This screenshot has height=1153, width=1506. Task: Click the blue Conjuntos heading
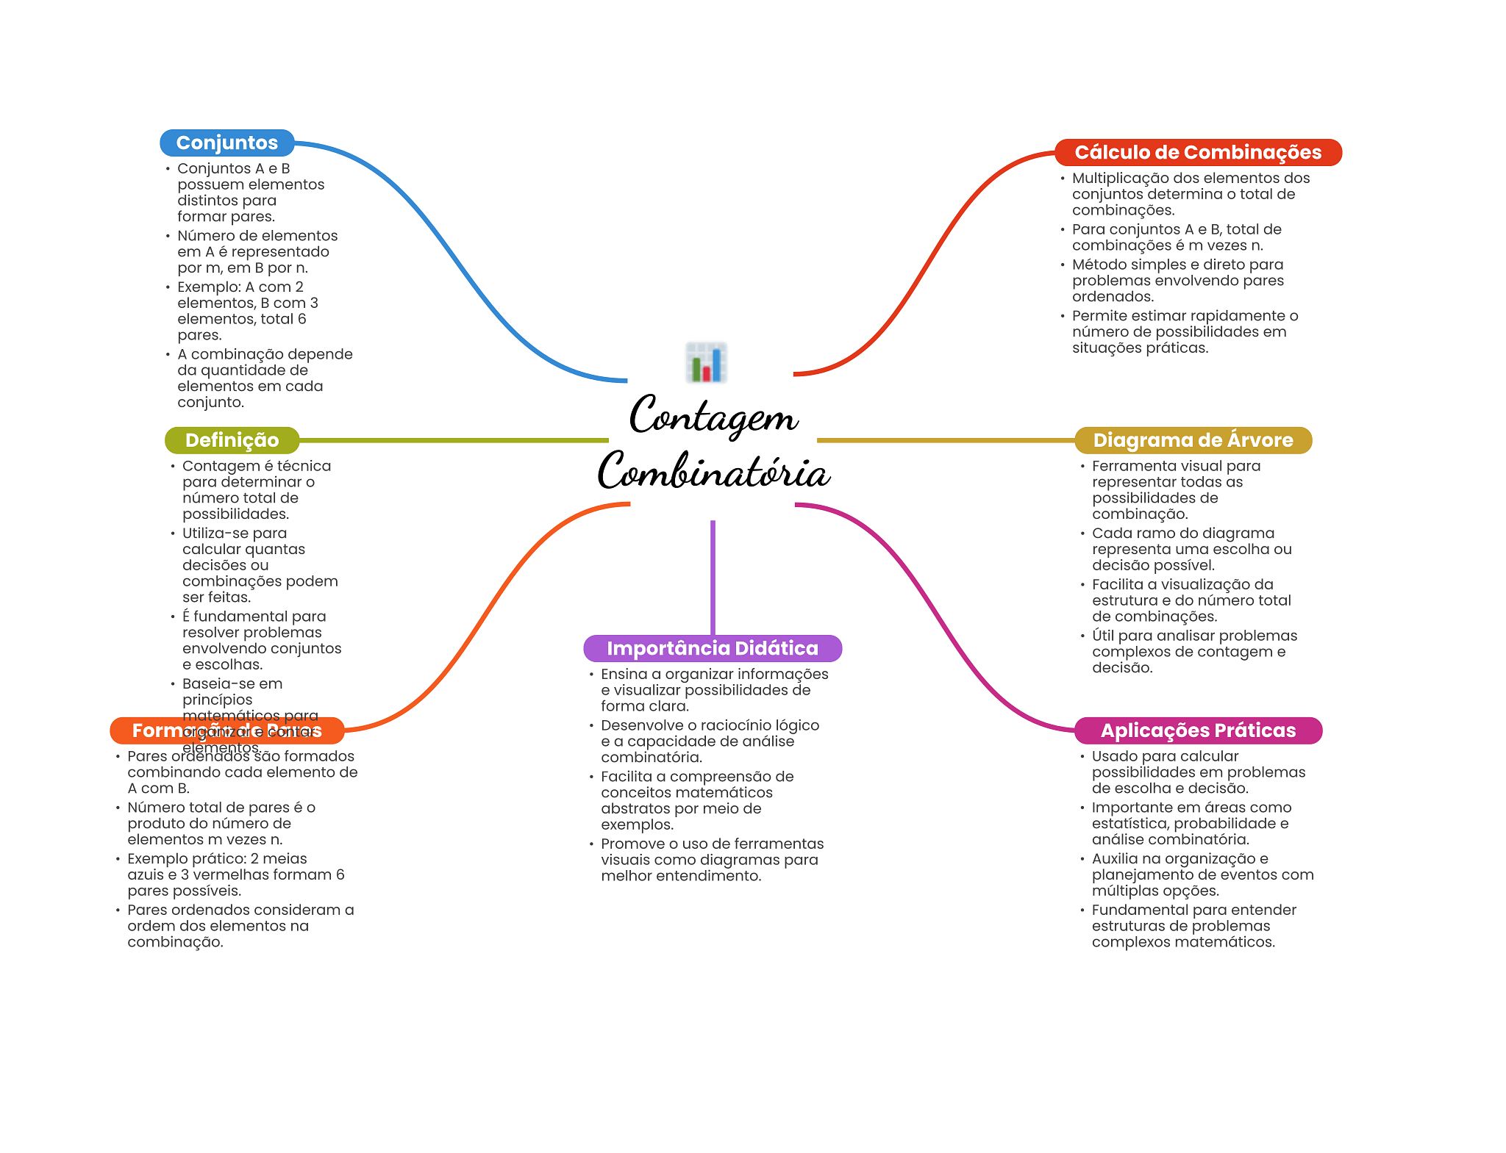pos(226,143)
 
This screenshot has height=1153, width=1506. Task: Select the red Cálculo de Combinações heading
pos(1197,152)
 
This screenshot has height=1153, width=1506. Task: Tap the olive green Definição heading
pos(232,440)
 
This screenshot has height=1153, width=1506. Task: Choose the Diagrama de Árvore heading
pos(1192,440)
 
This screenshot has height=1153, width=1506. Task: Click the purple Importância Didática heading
pos(712,648)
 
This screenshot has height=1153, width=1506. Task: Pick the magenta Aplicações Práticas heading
pos(1197,730)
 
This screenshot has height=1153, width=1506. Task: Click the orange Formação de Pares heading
pos(226,730)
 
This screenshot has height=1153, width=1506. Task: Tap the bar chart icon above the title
pos(706,362)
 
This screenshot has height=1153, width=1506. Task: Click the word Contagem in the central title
pos(713,416)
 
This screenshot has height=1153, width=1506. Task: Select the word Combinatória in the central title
pos(713,472)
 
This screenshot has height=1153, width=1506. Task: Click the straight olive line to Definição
pos(453,440)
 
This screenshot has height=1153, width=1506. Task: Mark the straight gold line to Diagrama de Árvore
pos(945,440)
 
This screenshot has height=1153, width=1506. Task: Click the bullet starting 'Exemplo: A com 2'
pos(248,311)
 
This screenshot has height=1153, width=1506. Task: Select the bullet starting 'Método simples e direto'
pos(1177,280)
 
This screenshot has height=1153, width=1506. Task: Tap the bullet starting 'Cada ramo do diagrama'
pos(1191,549)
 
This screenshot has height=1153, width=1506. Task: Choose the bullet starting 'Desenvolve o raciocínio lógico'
pos(709,741)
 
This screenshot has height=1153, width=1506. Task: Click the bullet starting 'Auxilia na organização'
pos(1202,874)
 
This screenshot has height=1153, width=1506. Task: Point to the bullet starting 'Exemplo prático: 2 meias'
pos(235,874)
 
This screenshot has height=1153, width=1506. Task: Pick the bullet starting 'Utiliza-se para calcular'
pos(260,565)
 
